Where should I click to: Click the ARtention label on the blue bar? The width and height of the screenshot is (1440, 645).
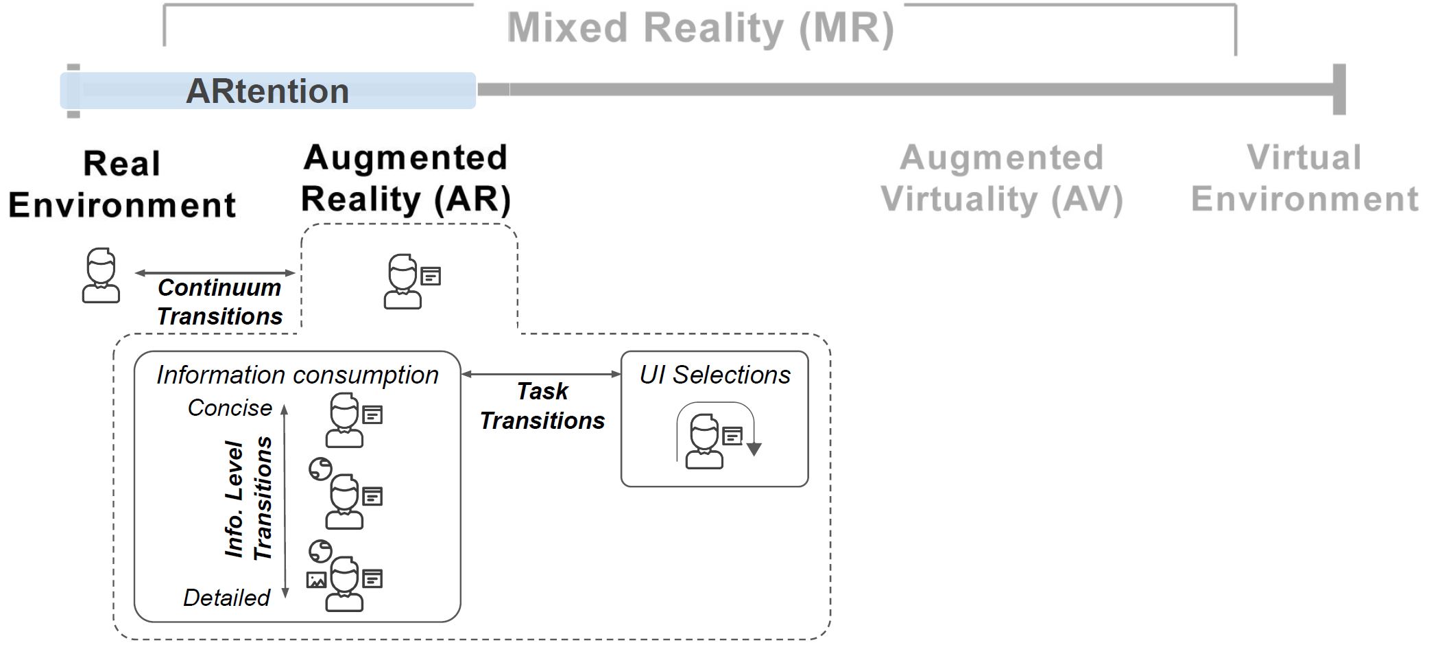267,91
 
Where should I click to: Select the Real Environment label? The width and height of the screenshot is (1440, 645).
122,184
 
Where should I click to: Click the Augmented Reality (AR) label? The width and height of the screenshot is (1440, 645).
406,178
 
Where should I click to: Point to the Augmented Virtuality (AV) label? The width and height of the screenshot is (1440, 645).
1002,178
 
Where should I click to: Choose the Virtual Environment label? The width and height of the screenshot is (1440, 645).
1304,178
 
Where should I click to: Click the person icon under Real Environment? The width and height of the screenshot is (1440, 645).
101,276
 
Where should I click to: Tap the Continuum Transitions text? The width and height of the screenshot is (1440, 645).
219,302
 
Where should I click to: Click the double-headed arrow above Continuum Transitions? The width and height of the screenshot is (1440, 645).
215,273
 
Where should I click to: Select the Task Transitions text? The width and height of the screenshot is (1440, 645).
542,406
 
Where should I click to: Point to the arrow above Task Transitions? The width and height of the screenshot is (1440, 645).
541,374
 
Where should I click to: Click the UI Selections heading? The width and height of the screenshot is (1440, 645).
715,375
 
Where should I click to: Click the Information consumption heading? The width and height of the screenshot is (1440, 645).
297,375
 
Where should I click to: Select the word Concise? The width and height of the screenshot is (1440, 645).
230,408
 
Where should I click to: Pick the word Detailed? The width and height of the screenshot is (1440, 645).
226,598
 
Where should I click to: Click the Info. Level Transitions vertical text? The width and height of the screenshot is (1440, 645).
248,499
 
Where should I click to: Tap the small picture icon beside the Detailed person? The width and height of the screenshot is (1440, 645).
316,580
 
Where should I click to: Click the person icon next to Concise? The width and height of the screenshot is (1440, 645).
344,420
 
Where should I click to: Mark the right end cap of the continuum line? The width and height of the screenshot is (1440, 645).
1339,89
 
